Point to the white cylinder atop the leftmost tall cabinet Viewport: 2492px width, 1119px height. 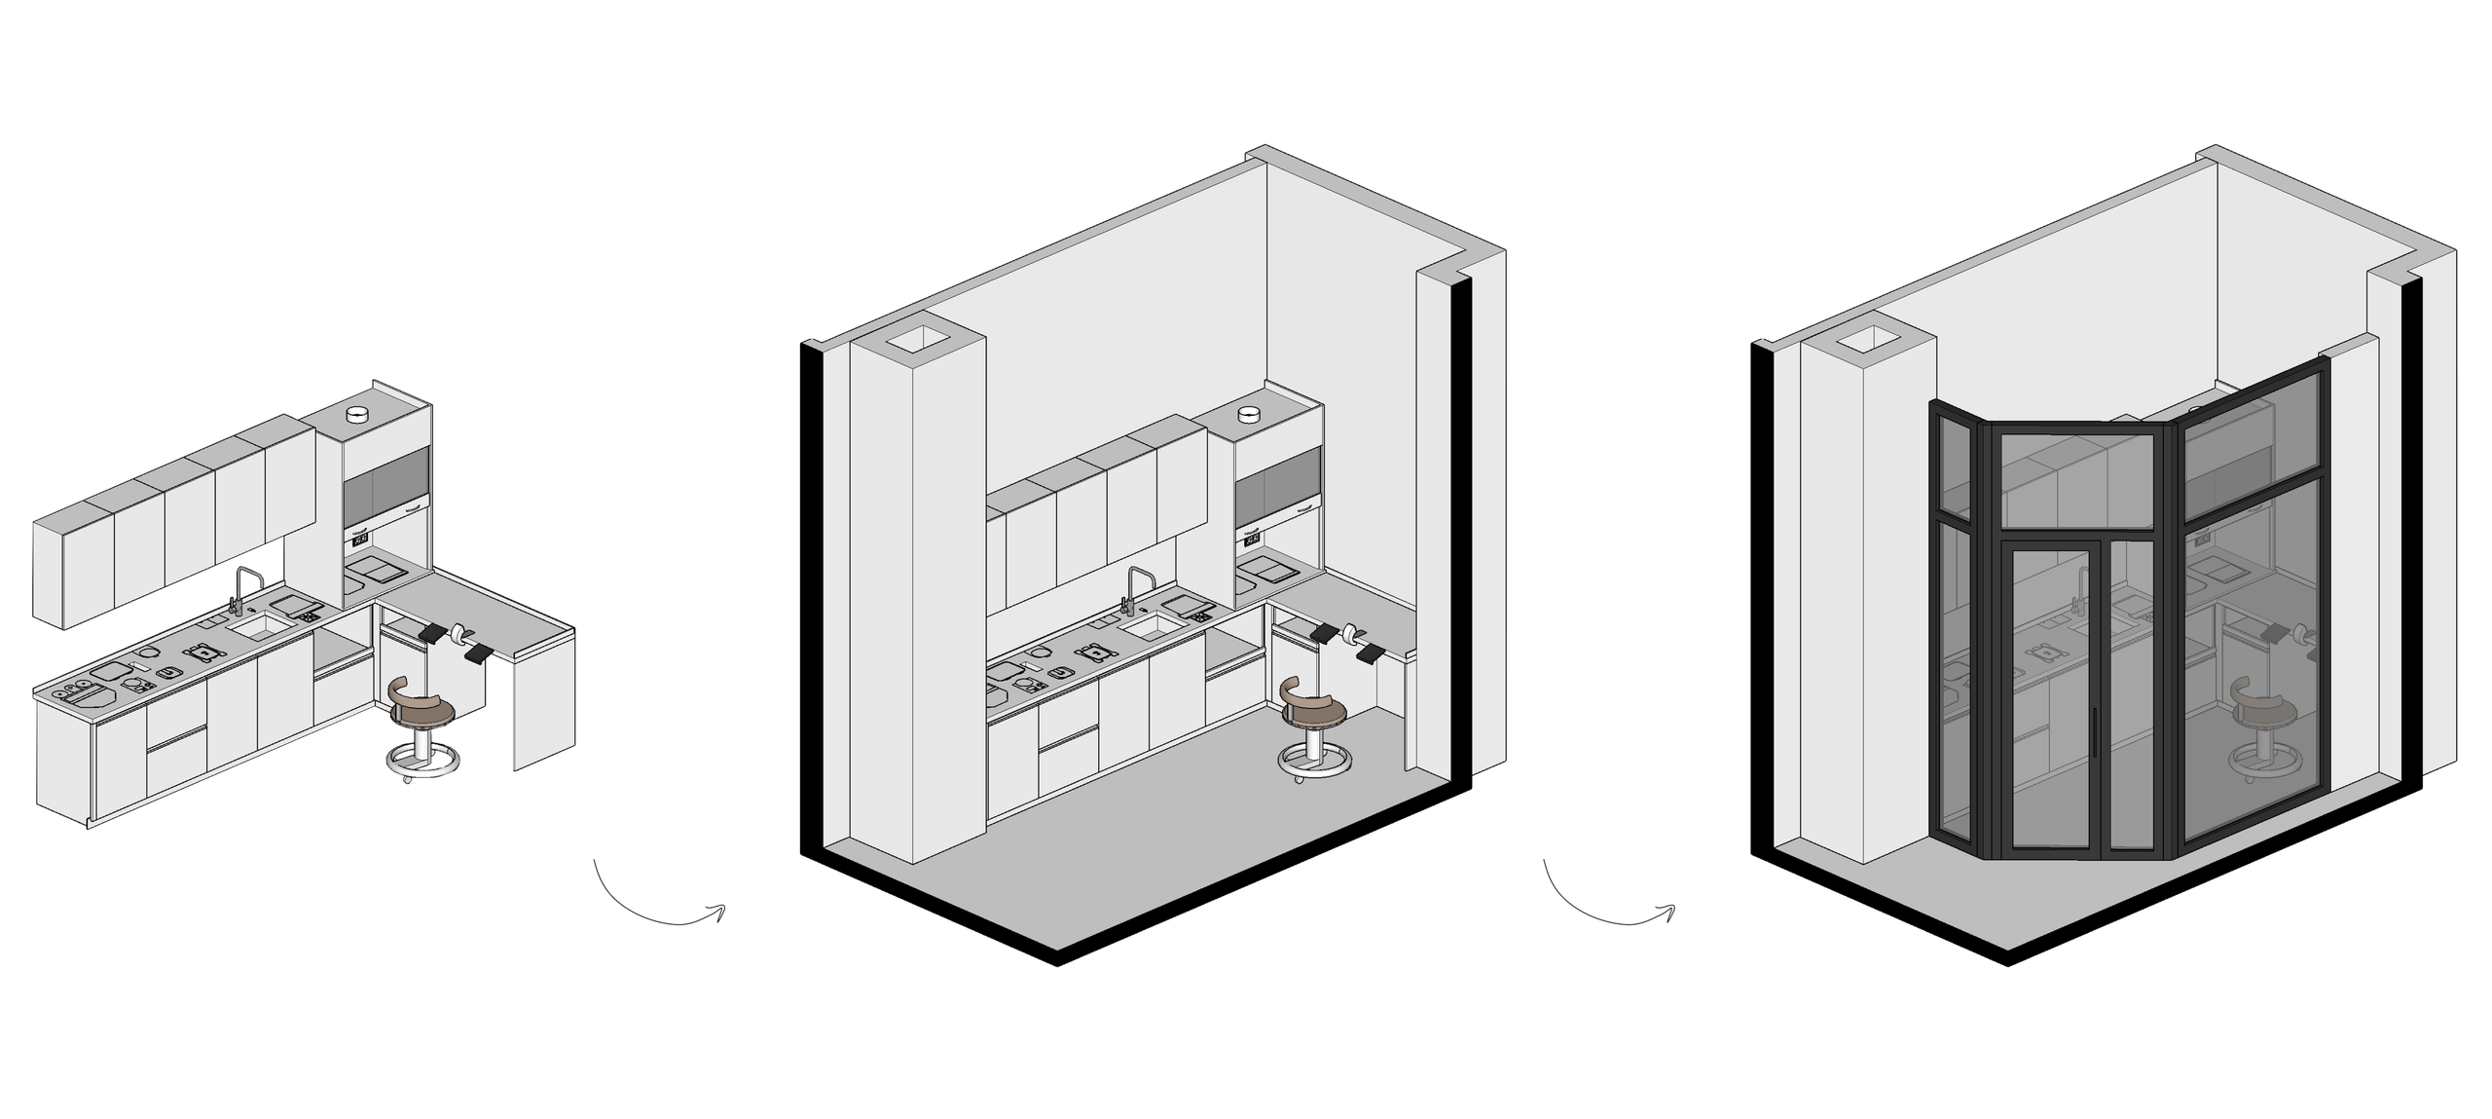(358, 415)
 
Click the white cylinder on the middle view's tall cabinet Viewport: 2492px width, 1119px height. (1249, 416)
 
